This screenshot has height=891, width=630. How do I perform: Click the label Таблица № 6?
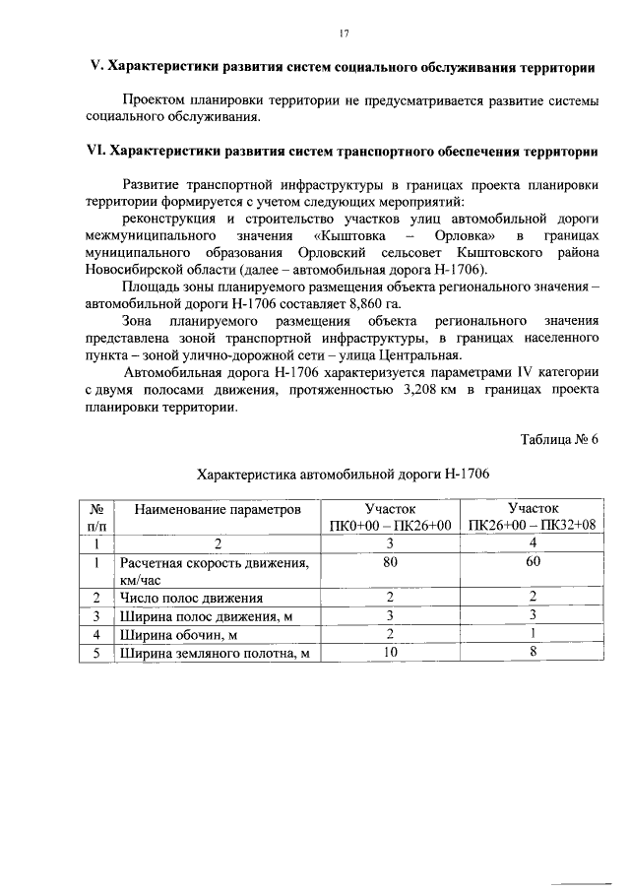(x=559, y=439)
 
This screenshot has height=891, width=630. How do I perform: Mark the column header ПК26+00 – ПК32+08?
(x=533, y=526)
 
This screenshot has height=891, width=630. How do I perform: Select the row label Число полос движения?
(x=191, y=598)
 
